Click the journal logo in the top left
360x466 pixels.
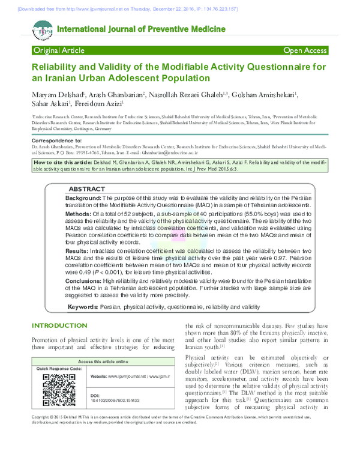(x=43, y=29)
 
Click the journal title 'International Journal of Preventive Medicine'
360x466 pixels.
(x=141, y=29)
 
